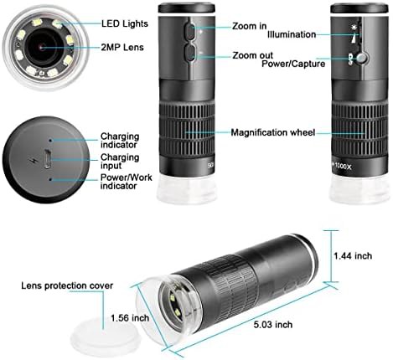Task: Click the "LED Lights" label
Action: tap(125, 23)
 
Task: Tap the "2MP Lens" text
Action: tap(122, 48)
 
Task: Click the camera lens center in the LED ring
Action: tap(42, 48)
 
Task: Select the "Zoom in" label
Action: tap(250, 26)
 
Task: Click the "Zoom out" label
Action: tap(252, 55)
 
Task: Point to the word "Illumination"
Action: tap(292, 34)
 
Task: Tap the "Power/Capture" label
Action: tap(293, 64)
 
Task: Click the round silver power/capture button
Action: tap(362, 58)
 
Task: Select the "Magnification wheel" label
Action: tap(273, 132)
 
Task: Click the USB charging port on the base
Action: tap(47, 159)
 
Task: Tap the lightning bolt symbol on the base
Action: tap(32, 161)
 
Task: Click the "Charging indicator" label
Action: tap(120, 141)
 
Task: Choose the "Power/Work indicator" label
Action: tap(127, 182)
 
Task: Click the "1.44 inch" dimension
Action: tap(353, 256)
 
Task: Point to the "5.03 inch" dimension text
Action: tap(273, 325)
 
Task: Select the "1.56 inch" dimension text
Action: tap(130, 318)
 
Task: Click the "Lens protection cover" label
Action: tap(67, 285)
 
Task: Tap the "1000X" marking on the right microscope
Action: tap(343, 167)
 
